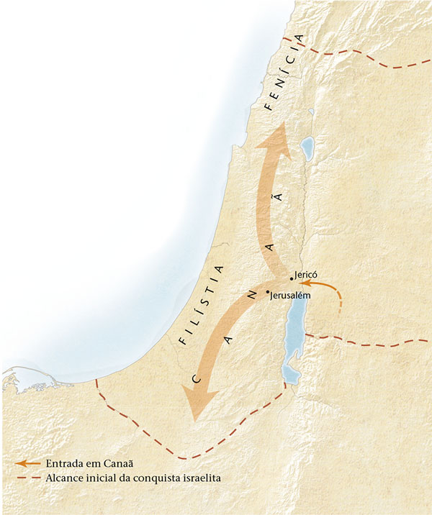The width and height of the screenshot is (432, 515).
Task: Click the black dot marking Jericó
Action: tap(291, 278)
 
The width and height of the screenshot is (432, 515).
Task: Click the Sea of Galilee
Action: tap(307, 149)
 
